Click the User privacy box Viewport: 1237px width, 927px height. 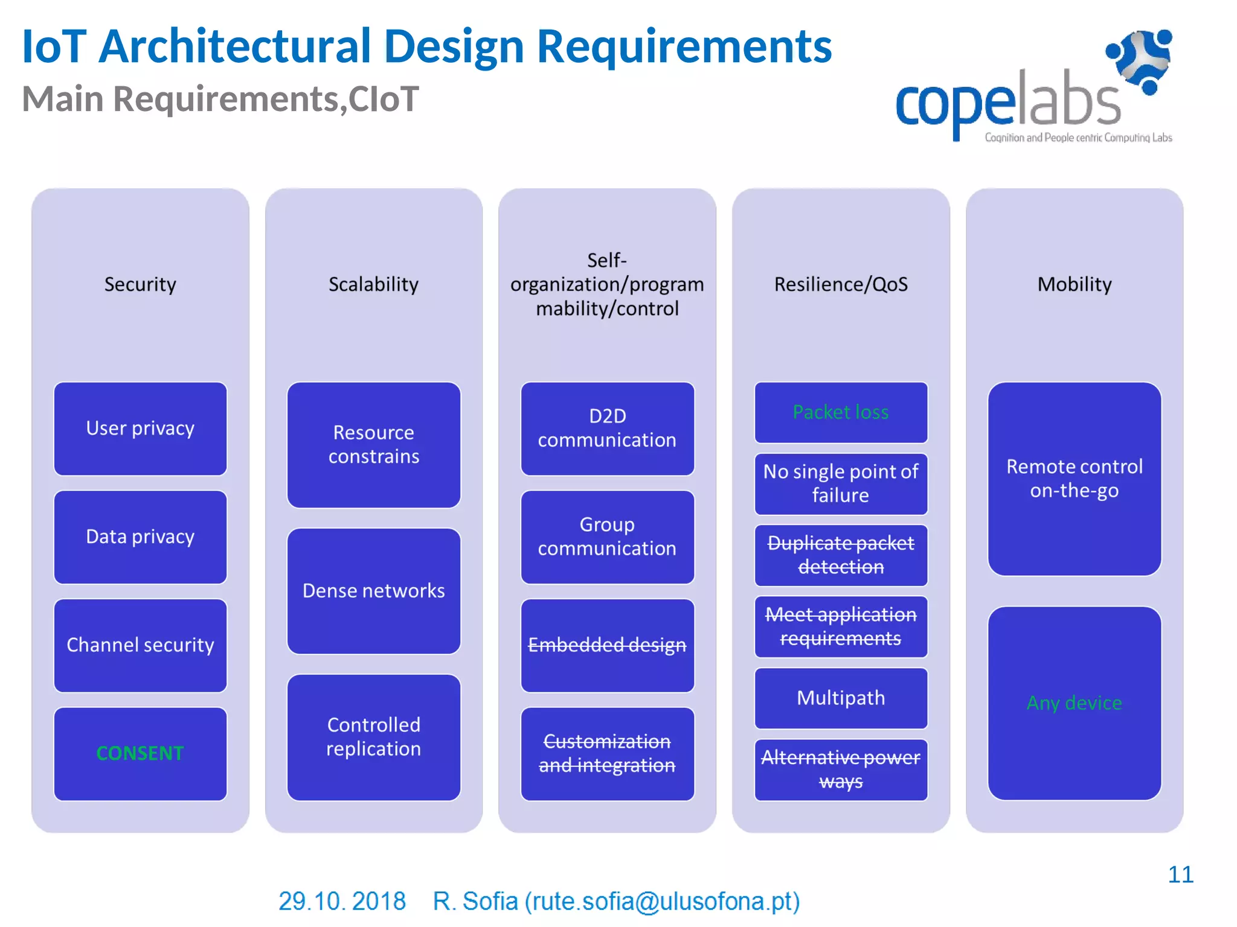coord(140,428)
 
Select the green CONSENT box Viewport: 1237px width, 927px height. coord(140,754)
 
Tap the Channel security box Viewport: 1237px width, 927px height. coord(140,645)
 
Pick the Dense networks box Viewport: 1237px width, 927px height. coord(373,591)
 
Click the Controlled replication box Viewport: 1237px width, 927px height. coord(373,737)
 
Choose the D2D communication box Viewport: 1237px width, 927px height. coord(607,428)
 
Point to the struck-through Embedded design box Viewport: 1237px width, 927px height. coord(607,645)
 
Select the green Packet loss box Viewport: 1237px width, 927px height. coord(840,412)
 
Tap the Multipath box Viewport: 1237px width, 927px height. coord(840,698)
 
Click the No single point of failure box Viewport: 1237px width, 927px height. coord(840,483)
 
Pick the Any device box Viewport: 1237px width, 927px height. coord(1074,703)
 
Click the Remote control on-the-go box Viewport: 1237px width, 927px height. coord(1074,479)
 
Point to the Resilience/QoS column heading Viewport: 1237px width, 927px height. coord(840,284)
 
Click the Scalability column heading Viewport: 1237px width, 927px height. coord(373,284)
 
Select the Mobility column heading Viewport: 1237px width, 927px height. coord(1074,284)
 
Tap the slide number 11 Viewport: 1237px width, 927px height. coord(1180,874)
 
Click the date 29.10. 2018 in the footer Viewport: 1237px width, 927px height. coord(342,901)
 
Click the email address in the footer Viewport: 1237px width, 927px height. coord(662,901)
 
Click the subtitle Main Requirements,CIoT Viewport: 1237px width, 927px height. coord(220,99)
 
